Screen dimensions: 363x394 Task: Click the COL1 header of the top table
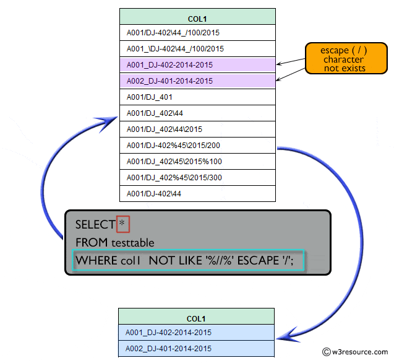[x=197, y=17]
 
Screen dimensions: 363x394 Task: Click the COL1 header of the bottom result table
[x=195, y=318]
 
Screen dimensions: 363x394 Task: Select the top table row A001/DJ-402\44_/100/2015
[x=197, y=32]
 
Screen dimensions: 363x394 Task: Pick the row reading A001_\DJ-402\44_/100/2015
[x=197, y=48]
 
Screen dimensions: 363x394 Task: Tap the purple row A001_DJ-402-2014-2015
[x=197, y=64]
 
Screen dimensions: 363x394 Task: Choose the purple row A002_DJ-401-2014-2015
[x=197, y=81]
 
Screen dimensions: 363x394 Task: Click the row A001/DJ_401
[x=197, y=97]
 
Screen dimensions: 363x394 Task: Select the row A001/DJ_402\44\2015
[x=197, y=129]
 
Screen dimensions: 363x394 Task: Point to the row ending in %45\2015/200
[x=197, y=145]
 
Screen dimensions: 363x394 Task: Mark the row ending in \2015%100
[x=197, y=161]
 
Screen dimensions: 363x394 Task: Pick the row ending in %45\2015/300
[x=197, y=177]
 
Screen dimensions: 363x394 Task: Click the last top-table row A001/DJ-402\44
[x=197, y=193]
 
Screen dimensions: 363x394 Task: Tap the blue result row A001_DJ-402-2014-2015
[x=195, y=333]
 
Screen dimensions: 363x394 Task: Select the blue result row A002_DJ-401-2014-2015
[x=195, y=348]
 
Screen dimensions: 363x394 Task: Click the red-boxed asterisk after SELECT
[x=122, y=224]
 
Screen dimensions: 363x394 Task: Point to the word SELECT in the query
[x=95, y=224]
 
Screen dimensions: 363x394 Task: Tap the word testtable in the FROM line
[x=132, y=242]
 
